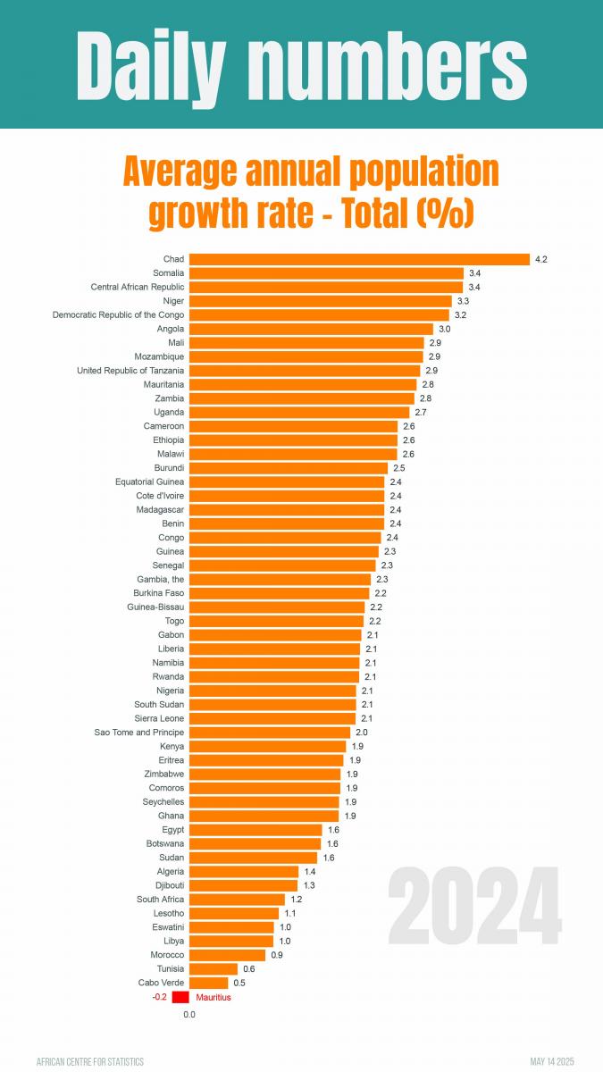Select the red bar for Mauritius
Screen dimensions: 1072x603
[181, 997]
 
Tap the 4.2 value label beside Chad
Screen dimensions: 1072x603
[540, 259]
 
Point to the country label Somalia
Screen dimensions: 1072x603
[168, 272]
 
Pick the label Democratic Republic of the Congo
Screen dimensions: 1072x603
[119, 314]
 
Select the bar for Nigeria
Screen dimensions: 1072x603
[272, 691]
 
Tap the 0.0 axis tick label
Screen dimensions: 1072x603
[189, 1015]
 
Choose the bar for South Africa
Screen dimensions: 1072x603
[238, 900]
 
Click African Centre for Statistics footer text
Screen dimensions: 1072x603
[90, 1061]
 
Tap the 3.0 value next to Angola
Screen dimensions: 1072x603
[444, 329]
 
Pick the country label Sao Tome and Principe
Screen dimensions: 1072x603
[139, 733]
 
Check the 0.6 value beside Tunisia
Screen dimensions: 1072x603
[248, 969]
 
